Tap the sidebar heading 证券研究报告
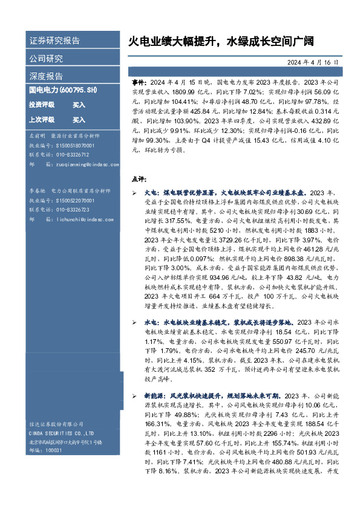(x=55, y=41)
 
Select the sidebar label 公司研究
(x=46, y=59)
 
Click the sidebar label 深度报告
(x=46, y=76)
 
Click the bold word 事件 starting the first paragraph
(x=138, y=81)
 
